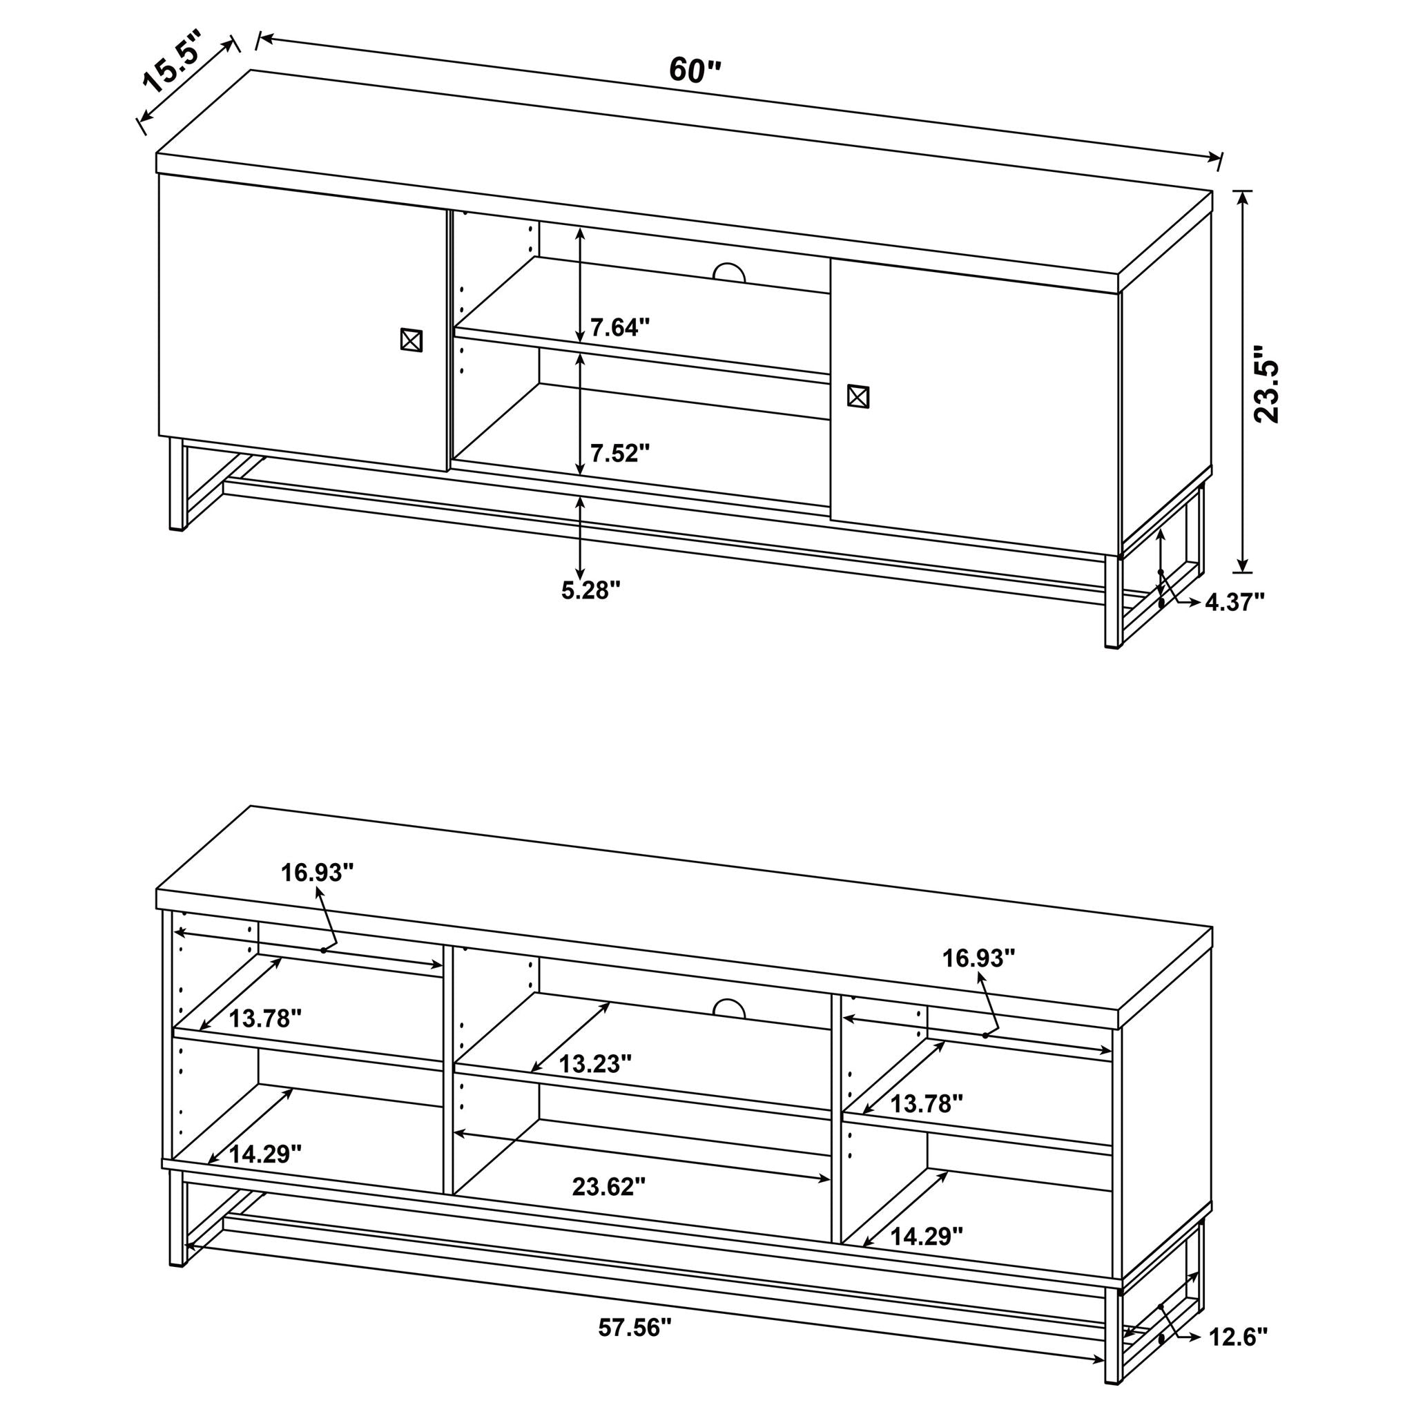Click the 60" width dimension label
tap(694, 71)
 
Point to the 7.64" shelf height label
tap(620, 327)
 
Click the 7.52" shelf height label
tap(620, 453)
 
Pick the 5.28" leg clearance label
tap(590, 590)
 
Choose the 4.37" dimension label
tap(1234, 601)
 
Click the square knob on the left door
tap(411, 340)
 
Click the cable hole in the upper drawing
tap(729, 272)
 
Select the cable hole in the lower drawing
tap(729, 1009)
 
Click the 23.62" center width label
tap(608, 1186)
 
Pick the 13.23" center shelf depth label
tap(595, 1063)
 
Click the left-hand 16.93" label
tap(318, 872)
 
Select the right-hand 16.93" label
tap(978, 958)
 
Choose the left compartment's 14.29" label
tap(265, 1154)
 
